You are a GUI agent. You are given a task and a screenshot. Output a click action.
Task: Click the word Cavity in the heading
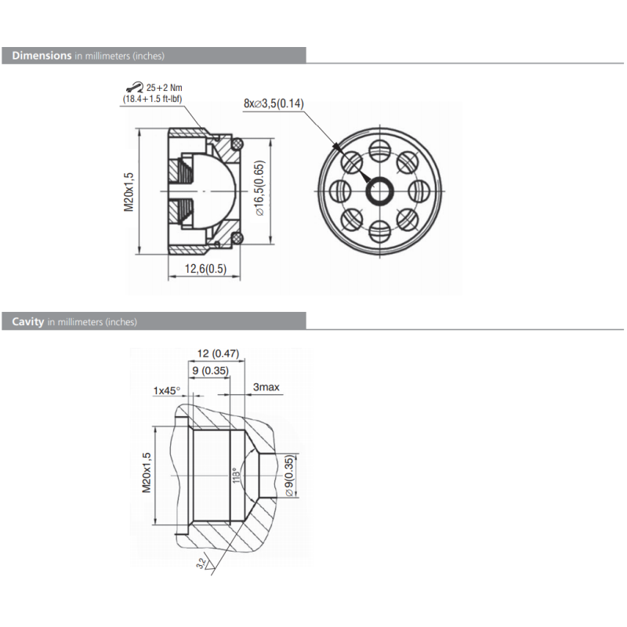pos(27,321)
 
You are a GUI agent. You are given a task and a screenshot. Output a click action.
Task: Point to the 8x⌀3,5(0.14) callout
pos(274,103)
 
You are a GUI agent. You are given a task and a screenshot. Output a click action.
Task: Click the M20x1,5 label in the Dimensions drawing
pos(130,191)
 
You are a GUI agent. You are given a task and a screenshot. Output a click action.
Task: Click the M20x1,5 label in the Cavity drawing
pos(145,472)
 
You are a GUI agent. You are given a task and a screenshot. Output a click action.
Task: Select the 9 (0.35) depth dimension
pos(208,370)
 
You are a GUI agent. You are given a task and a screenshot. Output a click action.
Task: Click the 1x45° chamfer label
pos(166,390)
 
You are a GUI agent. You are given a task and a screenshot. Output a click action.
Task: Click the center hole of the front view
pos(382,190)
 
